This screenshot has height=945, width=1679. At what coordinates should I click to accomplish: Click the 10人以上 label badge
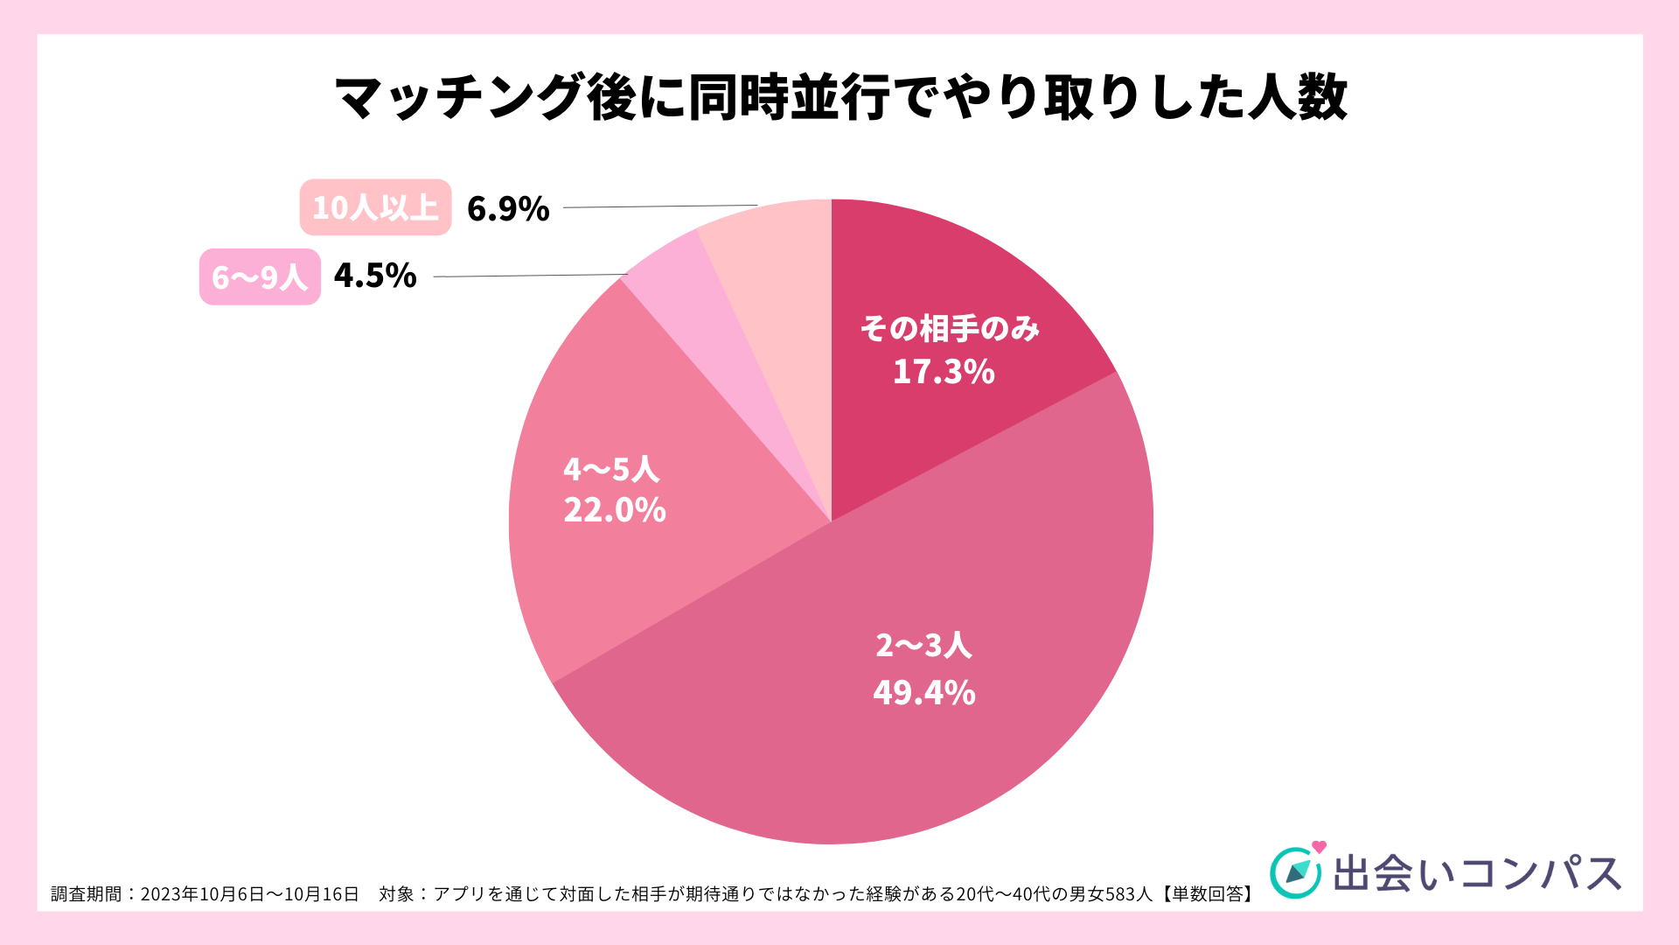375,207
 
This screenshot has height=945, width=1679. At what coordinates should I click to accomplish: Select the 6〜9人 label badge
260,276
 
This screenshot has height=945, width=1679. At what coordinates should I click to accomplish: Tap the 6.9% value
508,209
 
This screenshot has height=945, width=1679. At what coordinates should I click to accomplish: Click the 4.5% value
375,276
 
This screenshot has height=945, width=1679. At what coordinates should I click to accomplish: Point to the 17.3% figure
944,372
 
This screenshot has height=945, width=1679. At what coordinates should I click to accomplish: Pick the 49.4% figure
924,693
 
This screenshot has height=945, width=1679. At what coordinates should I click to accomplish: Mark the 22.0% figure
615,510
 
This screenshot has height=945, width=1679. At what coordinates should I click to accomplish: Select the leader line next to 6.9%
660,206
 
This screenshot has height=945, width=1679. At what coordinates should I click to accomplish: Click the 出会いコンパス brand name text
1477,873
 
